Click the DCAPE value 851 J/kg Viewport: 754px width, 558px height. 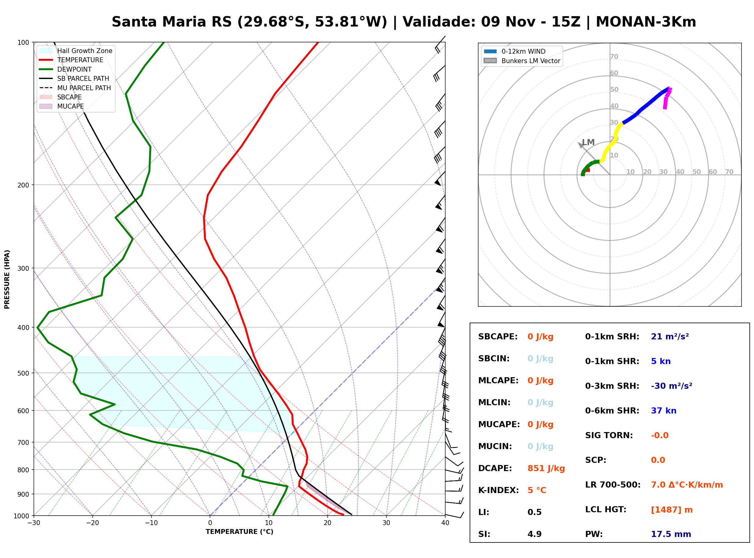pyautogui.click(x=546, y=468)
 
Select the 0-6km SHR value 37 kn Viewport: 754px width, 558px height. pyautogui.click(x=663, y=411)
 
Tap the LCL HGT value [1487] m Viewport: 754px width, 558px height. pyautogui.click(x=672, y=510)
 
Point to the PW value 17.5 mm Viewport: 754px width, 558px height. pyautogui.click(x=671, y=534)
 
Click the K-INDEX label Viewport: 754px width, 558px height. pyautogui.click(x=499, y=490)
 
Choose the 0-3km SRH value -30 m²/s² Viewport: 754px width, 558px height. pyautogui.click(x=671, y=386)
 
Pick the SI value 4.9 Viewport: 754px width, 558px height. pyautogui.click(x=534, y=534)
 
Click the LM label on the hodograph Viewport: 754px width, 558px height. pyautogui.click(x=588, y=142)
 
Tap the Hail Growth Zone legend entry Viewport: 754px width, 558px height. pyautogui.click(x=76, y=51)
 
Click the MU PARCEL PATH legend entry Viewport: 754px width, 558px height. pyautogui.click(x=75, y=88)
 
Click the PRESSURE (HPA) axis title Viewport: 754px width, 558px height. pyautogui.click(x=7, y=279)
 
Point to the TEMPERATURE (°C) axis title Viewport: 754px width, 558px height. pyautogui.click(x=240, y=532)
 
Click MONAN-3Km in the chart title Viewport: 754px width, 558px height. pyautogui.click(x=646, y=22)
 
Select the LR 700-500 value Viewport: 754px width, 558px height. pyautogui.click(x=687, y=485)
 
